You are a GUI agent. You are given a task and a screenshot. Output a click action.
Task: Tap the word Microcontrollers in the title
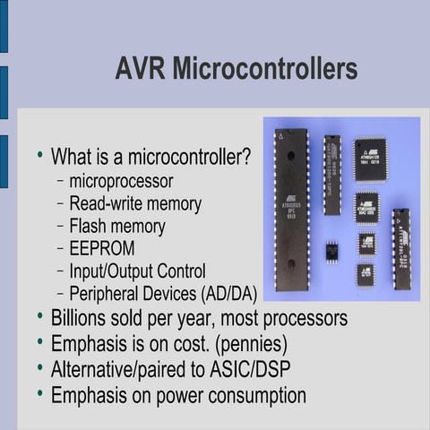[266, 69]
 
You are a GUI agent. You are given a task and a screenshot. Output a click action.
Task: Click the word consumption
[253, 394]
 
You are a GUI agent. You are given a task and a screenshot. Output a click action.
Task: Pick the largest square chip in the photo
[369, 159]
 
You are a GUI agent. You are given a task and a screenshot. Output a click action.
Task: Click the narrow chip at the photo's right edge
[400, 248]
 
